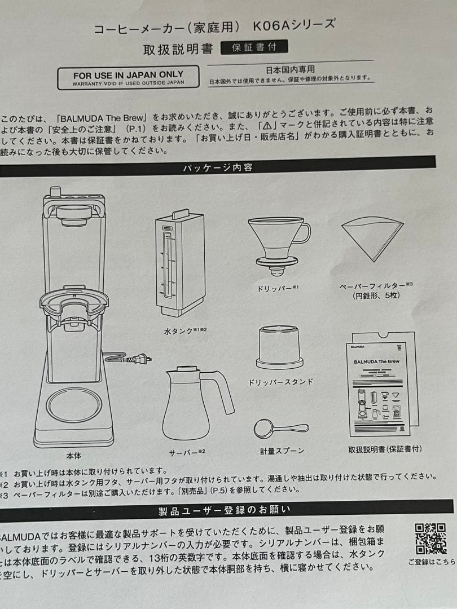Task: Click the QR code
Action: pos(430,539)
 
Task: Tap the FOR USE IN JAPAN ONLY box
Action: pos(128,78)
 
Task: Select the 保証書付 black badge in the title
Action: pos(254,47)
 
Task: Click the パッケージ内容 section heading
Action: pos(217,167)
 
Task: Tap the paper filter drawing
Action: pos(372,237)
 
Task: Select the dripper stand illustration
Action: pos(280,347)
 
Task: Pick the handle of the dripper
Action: pos(301,232)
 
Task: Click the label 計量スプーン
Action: pos(282,451)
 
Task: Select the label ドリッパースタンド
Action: pos(280,382)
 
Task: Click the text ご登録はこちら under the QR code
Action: pos(432,562)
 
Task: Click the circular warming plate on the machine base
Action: pos(73,405)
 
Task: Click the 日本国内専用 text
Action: pos(290,70)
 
